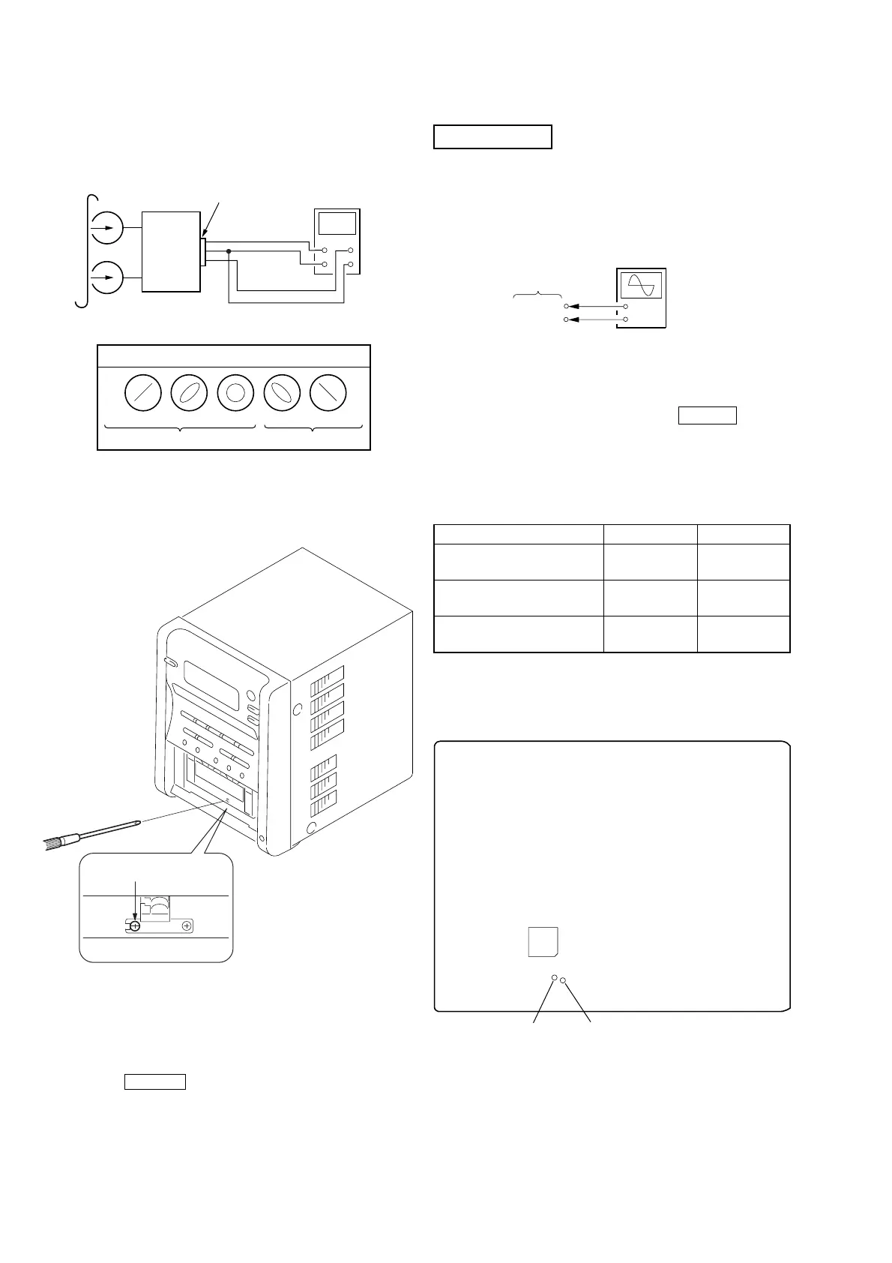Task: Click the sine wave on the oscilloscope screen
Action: [641, 286]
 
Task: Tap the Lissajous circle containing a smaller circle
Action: [235, 393]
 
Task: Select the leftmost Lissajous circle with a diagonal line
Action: [142, 393]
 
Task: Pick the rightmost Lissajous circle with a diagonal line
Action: [328, 393]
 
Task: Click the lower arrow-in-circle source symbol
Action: [106, 278]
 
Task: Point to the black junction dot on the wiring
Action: [228, 251]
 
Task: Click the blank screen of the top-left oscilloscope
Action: [337, 223]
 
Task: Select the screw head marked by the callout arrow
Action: [135, 926]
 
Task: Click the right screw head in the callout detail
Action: [187, 926]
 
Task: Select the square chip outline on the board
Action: [543, 941]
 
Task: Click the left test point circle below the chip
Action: [554, 978]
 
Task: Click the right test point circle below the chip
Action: [564, 980]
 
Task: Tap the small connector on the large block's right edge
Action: [203, 251]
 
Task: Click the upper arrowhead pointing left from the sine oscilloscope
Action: [572, 306]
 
